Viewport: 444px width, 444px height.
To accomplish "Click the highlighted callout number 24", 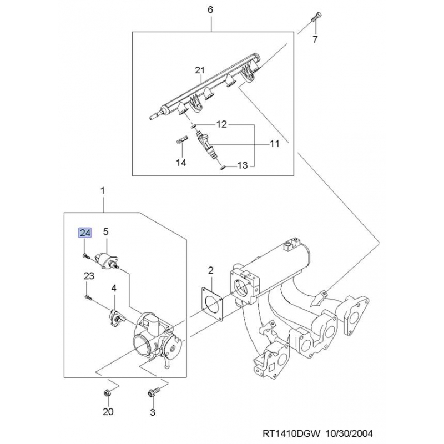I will coord(84,233).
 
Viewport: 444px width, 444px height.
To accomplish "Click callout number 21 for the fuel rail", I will coord(200,70).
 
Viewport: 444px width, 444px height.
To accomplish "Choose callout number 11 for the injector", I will coord(274,144).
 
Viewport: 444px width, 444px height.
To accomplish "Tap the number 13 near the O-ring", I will coord(242,165).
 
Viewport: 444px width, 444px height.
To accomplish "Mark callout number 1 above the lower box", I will coord(103,191).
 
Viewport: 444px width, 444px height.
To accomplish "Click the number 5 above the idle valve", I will coord(105,232).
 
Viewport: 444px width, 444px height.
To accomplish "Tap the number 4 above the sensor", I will coord(113,288).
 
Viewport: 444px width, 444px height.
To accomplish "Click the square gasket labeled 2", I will coord(211,303).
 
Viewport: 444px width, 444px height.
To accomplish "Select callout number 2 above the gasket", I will coord(211,271).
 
